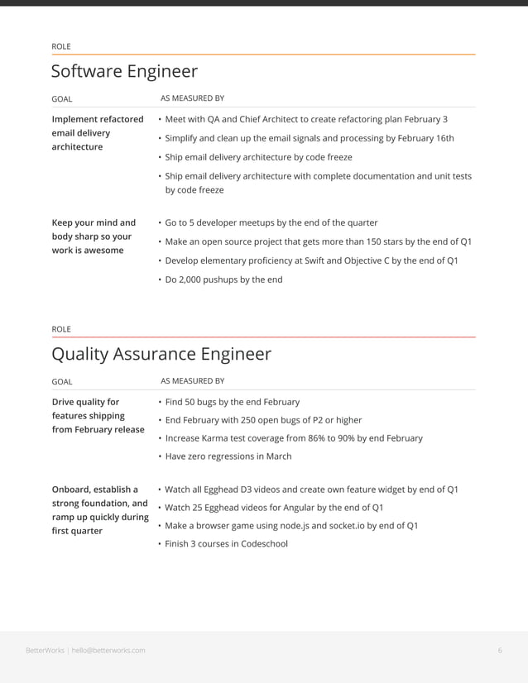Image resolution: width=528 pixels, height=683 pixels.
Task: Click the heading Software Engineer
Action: [x=124, y=71]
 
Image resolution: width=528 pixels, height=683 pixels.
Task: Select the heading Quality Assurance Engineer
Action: [x=161, y=354]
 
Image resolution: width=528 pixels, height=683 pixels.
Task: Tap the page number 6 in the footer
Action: [x=500, y=650]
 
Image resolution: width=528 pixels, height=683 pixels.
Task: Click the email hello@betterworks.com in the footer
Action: [x=108, y=650]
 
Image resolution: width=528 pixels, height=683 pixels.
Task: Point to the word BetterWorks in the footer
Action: [x=46, y=650]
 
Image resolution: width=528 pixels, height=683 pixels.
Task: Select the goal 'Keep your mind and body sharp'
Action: [x=93, y=236]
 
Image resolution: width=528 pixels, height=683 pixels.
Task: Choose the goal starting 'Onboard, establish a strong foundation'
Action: [x=99, y=509]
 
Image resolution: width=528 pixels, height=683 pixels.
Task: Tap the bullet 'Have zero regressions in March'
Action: [x=228, y=456]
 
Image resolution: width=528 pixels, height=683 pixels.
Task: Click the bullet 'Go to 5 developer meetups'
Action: [x=271, y=222]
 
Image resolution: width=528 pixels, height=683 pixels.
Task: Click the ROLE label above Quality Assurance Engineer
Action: [x=61, y=329]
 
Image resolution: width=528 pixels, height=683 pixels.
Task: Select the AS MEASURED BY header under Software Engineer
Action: [x=192, y=98]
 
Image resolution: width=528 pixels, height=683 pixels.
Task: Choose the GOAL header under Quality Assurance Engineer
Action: [x=62, y=381]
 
